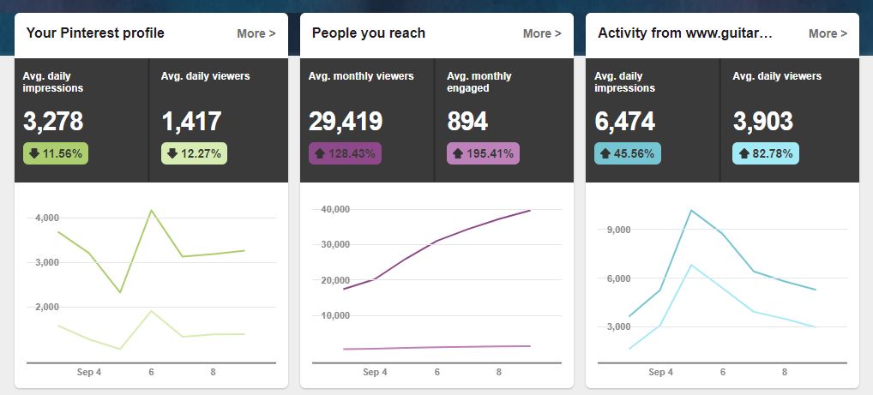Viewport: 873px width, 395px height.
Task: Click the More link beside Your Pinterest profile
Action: (x=256, y=33)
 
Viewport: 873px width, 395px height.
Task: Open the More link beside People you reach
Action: (x=542, y=33)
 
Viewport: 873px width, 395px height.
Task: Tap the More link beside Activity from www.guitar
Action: (x=828, y=33)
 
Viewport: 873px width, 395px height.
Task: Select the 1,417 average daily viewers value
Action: (x=191, y=122)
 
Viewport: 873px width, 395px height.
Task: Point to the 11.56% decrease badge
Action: (x=56, y=154)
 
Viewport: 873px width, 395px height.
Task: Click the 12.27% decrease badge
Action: (x=194, y=154)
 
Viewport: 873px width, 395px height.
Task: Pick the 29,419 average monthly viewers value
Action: (x=346, y=122)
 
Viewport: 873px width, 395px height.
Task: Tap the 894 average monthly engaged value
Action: (x=467, y=122)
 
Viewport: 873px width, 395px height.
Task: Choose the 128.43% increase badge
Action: (x=345, y=154)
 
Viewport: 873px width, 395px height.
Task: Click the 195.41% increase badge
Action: (x=484, y=154)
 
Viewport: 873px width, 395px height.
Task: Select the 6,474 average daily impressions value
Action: (x=624, y=122)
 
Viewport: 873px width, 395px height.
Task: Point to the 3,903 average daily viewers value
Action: (x=763, y=122)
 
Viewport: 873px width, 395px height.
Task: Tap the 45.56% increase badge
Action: (x=628, y=154)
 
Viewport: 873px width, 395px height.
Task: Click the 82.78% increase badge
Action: (x=766, y=154)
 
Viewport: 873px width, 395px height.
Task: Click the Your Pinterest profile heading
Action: (x=95, y=33)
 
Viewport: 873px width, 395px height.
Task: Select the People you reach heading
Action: (x=369, y=33)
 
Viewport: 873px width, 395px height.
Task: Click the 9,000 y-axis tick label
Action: (x=618, y=230)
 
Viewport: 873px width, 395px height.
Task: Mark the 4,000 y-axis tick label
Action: (x=46, y=218)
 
